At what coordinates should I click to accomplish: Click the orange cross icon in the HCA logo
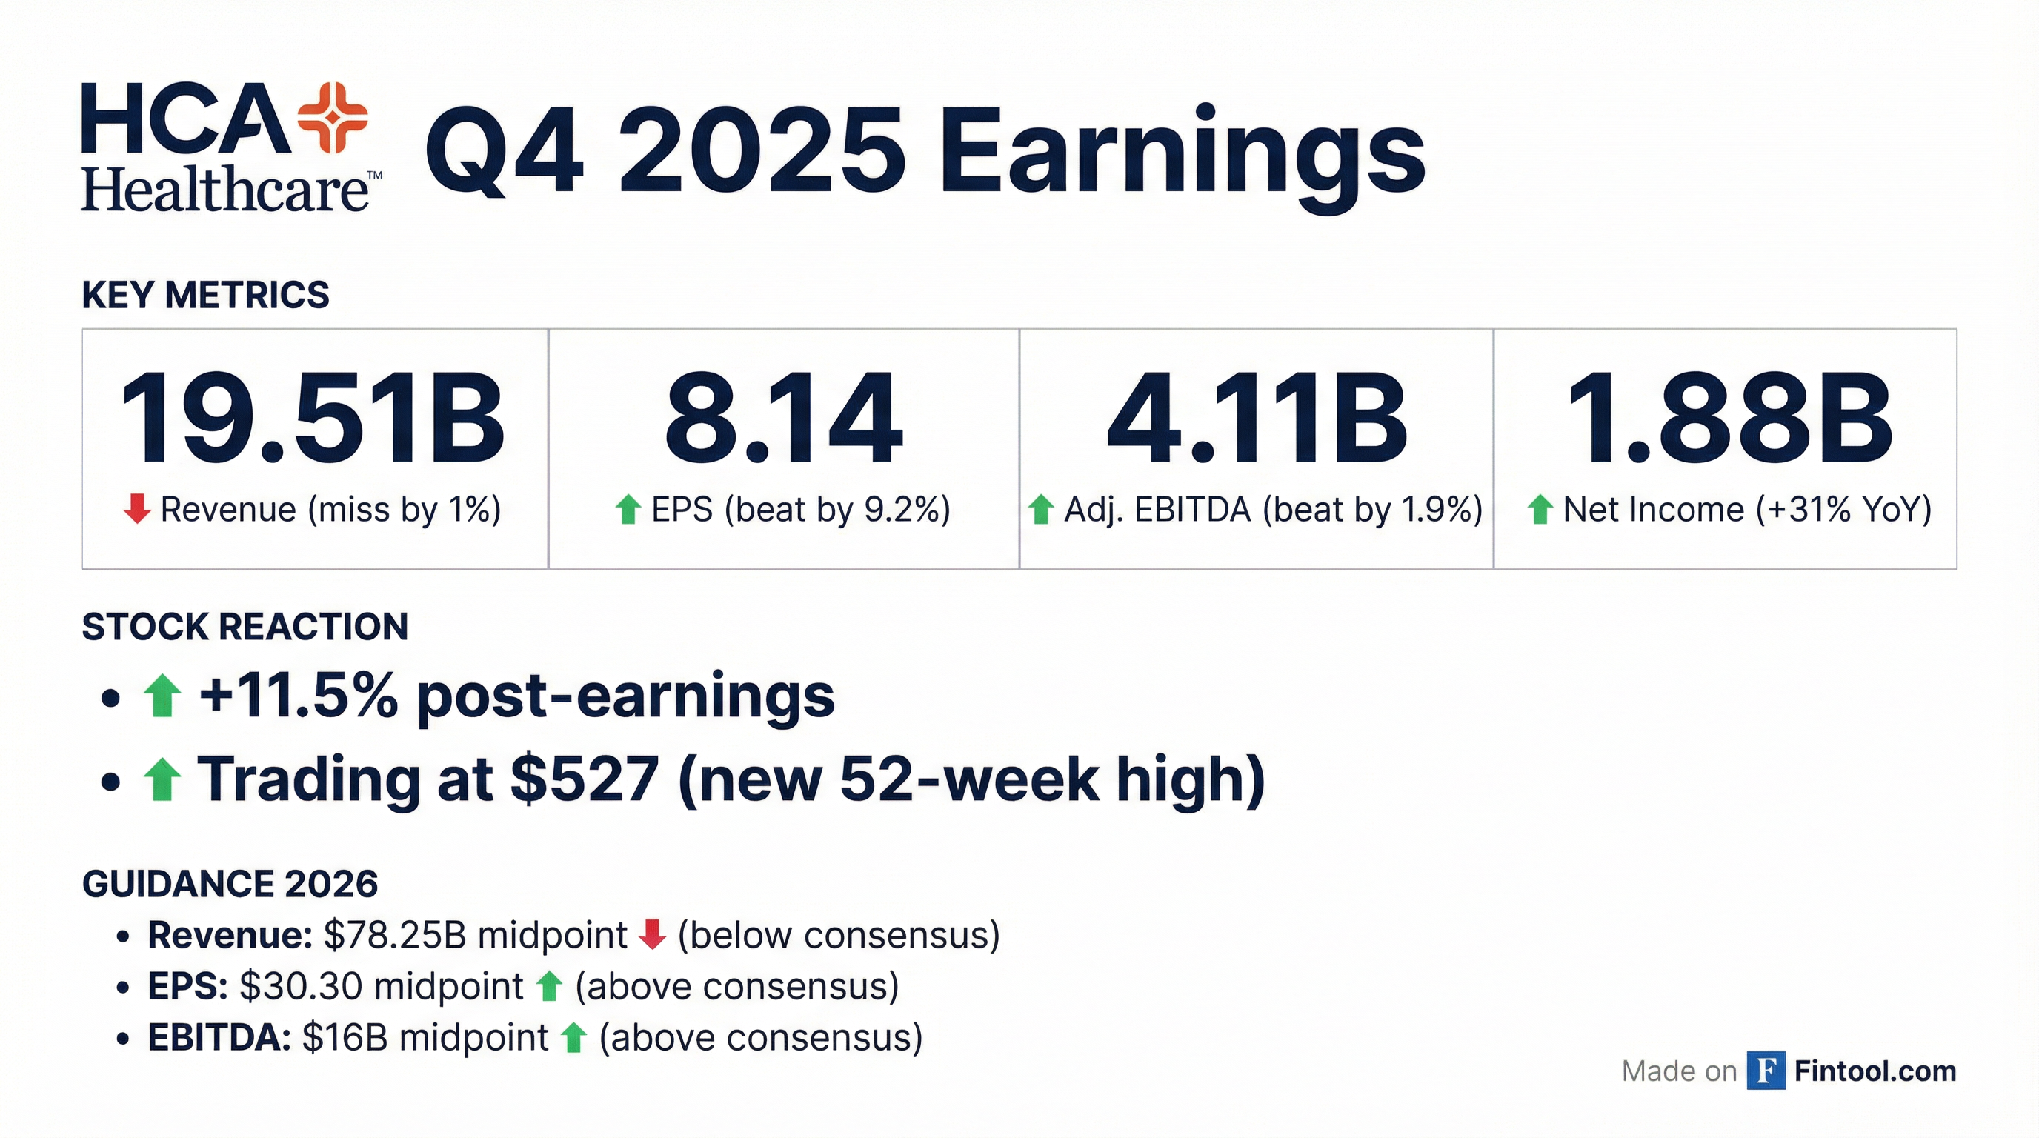(333, 118)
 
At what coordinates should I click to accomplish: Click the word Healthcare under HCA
(224, 190)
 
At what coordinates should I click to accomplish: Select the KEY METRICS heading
(205, 295)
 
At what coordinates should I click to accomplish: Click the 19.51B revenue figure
(312, 419)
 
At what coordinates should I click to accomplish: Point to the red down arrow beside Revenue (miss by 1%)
(137, 509)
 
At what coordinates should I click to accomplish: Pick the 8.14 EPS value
(784, 419)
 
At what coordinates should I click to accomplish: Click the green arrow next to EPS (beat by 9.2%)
(628, 509)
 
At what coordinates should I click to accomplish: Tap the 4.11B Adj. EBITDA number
(1256, 419)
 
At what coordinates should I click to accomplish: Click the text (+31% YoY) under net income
(1844, 509)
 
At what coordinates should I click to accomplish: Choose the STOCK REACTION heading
(245, 627)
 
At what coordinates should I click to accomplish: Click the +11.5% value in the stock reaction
(298, 696)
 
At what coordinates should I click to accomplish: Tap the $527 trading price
(584, 779)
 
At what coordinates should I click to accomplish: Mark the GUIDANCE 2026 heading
(230, 884)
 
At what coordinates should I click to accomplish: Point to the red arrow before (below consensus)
(652, 934)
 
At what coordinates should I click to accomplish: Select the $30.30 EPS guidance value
(301, 987)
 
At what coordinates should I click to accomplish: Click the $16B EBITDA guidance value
(345, 1037)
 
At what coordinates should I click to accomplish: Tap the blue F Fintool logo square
(1766, 1071)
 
